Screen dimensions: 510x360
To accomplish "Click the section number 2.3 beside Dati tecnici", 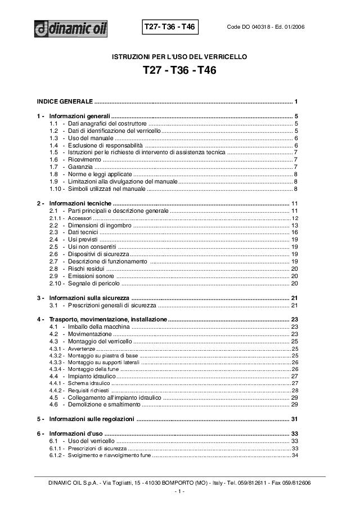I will pos(54,232).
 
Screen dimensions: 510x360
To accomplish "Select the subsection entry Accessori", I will pos(79,218).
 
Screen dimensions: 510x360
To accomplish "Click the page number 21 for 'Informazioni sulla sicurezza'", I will pos(294,297).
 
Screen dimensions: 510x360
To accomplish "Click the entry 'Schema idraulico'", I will pos(85,383).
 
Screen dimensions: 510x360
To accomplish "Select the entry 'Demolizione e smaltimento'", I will pos(103,404).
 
